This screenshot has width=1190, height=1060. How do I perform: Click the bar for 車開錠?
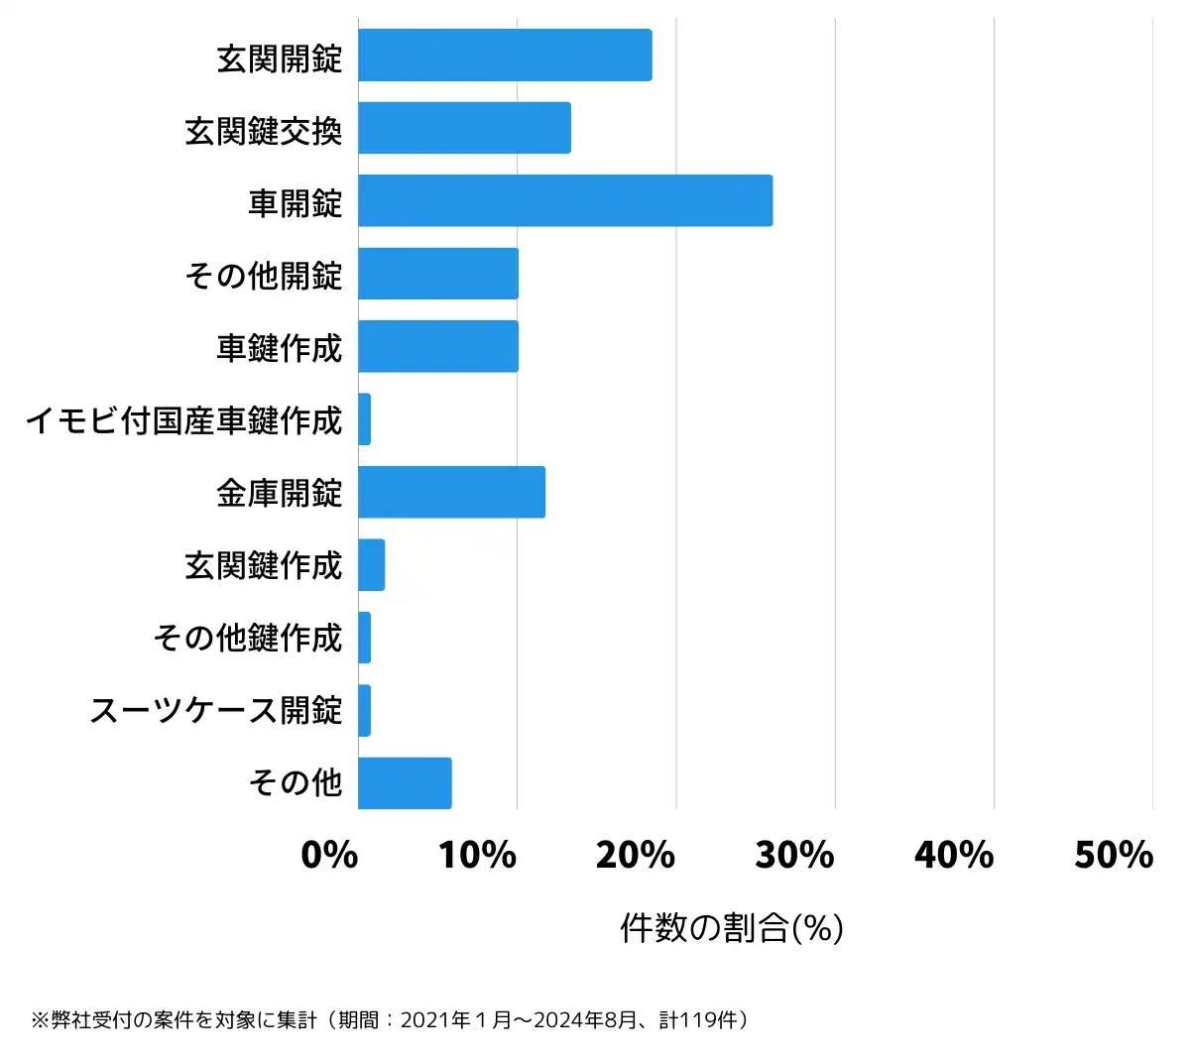(x=565, y=201)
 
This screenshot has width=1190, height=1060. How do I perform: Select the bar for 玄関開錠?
(x=505, y=56)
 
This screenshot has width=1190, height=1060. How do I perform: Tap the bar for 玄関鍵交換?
(x=464, y=128)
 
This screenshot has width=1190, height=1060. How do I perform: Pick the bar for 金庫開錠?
(x=451, y=492)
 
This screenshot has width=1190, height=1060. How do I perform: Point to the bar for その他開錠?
(x=438, y=274)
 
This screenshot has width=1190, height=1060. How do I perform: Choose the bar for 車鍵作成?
(x=438, y=346)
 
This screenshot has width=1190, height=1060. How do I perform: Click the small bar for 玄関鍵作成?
(x=371, y=565)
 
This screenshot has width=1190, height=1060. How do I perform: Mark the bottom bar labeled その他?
(x=405, y=783)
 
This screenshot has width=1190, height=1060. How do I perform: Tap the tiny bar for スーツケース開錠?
(x=364, y=711)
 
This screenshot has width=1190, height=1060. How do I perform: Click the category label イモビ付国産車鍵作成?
(x=184, y=420)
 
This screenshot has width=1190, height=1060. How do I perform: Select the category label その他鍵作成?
(x=248, y=638)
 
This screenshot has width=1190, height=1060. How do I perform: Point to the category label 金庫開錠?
(x=280, y=493)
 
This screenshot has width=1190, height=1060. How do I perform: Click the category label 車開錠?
(x=296, y=202)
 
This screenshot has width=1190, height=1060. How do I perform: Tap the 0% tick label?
(x=329, y=855)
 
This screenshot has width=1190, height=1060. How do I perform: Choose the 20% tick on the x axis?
(x=636, y=855)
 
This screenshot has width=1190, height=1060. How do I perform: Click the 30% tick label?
(x=794, y=855)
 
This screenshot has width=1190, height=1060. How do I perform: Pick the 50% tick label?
(x=1114, y=855)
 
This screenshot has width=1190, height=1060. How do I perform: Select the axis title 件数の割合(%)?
(x=732, y=928)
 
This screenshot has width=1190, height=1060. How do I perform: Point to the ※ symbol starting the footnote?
(x=40, y=1020)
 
